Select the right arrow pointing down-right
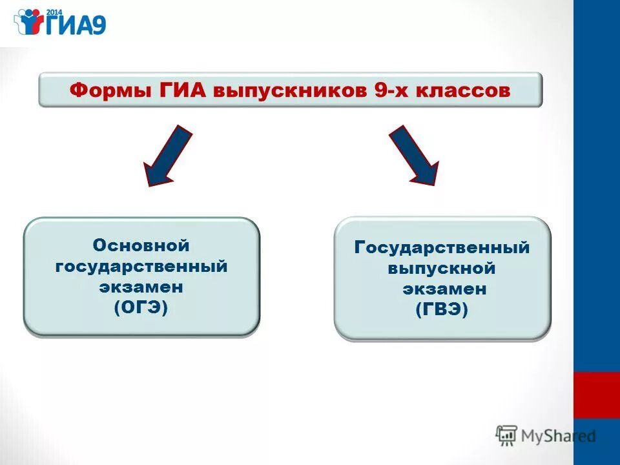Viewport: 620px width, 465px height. tap(414, 156)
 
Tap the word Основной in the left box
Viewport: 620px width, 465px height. tap(141, 245)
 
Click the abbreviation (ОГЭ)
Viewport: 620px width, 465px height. tap(141, 308)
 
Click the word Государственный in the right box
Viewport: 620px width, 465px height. tap(442, 247)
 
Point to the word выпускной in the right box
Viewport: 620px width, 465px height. tap(442, 268)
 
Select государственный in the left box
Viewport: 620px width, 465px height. tap(141, 266)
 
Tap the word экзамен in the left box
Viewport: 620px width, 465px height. tap(141, 287)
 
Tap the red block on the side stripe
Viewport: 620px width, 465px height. tap(596, 395)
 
